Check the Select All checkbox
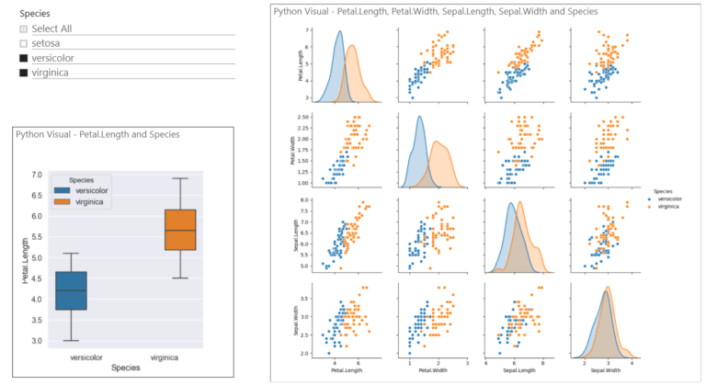click(23, 28)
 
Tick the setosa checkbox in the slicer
click(23, 43)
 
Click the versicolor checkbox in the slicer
click(23, 58)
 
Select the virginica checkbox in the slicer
click(23, 73)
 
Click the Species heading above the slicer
click(35, 14)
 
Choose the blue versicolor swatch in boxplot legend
click(64, 190)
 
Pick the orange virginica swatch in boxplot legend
click(64, 201)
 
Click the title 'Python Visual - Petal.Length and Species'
click(97, 134)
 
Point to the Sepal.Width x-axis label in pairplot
click(604, 371)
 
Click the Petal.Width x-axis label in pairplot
click(430, 371)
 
